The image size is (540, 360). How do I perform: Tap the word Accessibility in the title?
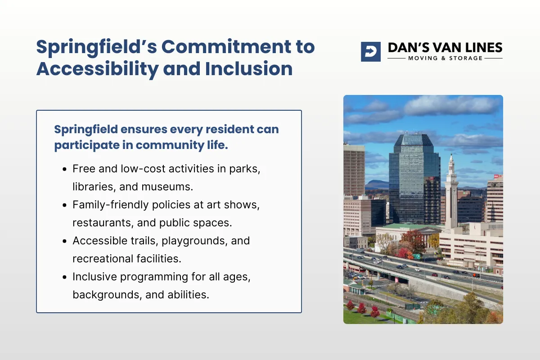click(97, 69)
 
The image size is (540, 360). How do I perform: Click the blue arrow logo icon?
click(371, 52)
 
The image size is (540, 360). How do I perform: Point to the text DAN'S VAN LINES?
click(445, 48)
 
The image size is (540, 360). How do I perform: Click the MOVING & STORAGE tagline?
click(445, 58)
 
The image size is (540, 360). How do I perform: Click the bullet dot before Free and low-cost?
click(64, 170)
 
